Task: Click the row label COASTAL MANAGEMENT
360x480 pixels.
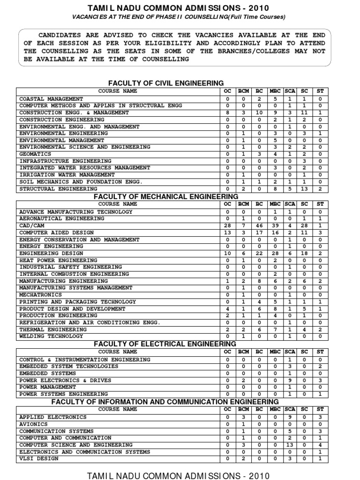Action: click(x=51, y=99)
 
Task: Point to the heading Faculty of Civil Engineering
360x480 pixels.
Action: click(x=166, y=83)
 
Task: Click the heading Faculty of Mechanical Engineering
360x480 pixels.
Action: click(x=166, y=196)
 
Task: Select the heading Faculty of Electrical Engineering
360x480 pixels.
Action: click(x=166, y=344)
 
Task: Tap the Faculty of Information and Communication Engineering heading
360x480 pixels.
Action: click(x=165, y=402)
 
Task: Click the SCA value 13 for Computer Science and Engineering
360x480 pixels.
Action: click(x=290, y=444)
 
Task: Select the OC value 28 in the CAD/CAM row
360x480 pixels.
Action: click(x=227, y=225)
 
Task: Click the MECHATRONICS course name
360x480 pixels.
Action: click(x=40, y=294)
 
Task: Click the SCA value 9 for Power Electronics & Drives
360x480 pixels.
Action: click(x=290, y=380)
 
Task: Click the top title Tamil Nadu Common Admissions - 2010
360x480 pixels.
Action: click(x=179, y=8)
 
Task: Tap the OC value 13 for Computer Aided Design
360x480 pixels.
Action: click(x=227, y=232)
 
